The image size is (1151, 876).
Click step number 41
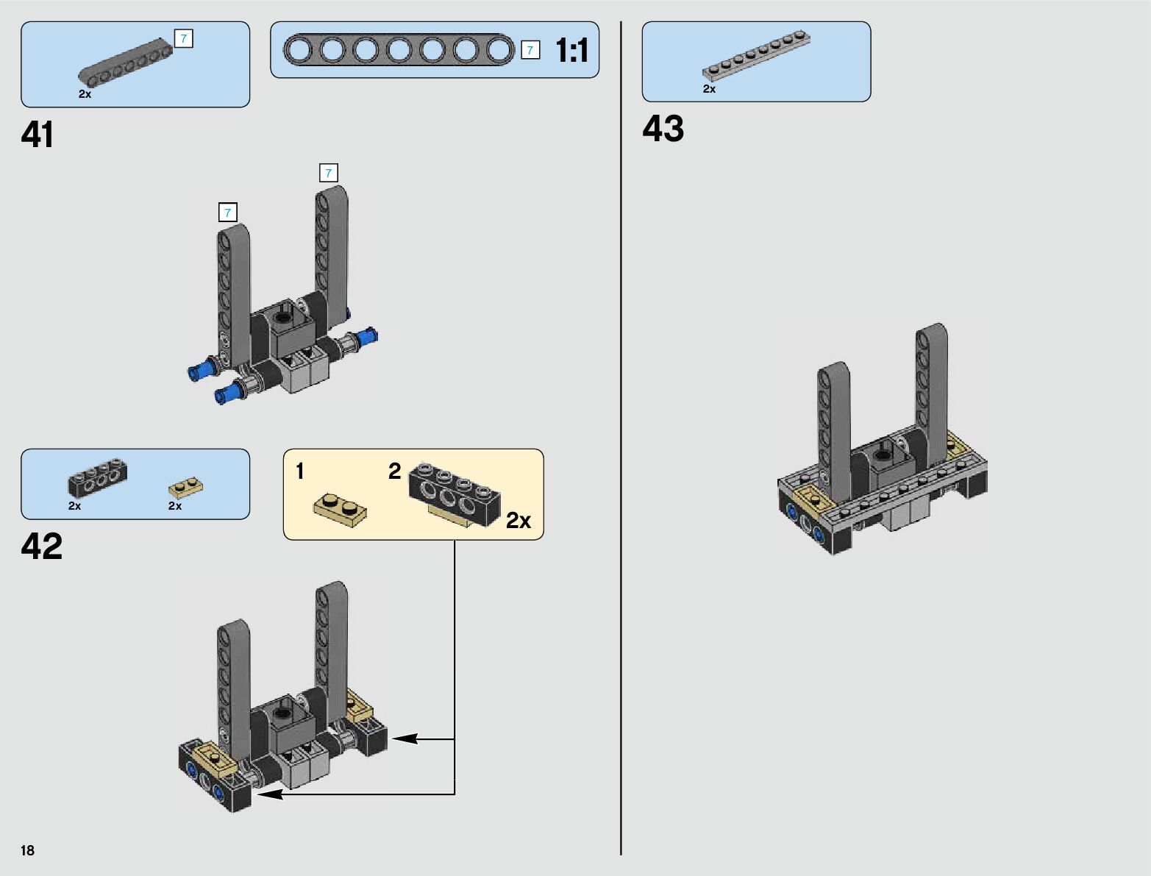pyautogui.click(x=38, y=135)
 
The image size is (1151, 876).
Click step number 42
pyautogui.click(x=42, y=546)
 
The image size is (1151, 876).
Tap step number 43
pyautogui.click(x=663, y=129)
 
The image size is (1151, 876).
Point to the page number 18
pyautogui.click(x=28, y=850)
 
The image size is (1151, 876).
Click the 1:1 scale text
pyautogui.click(x=571, y=50)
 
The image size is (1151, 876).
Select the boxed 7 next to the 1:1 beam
pyautogui.click(x=530, y=50)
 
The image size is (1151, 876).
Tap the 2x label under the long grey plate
pyautogui.click(x=710, y=89)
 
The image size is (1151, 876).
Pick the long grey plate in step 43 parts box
pyautogui.click(x=756, y=56)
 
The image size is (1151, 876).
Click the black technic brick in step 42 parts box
pyautogui.click(x=98, y=477)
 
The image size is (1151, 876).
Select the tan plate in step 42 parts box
pyautogui.click(x=186, y=488)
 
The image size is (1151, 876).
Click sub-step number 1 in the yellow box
pyautogui.click(x=300, y=471)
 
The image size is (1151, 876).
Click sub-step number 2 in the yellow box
pyautogui.click(x=394, y=471)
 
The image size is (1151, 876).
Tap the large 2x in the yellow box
pyautogui.click(x=518, y=521)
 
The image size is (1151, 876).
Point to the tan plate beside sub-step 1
pyautogui.click(x=340, y=510)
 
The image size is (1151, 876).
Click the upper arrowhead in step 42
pyautogui.click(x=405, y=738)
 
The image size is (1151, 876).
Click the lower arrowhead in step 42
pyautogui.click(x=269, y=794)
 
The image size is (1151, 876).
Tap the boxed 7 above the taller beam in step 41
pyautogui.click(x=329, y=173)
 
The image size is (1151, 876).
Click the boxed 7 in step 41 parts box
pyautogui.click(x=184, y=38)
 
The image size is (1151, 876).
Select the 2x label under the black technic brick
pyautogui.click(x=74, y=506)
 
